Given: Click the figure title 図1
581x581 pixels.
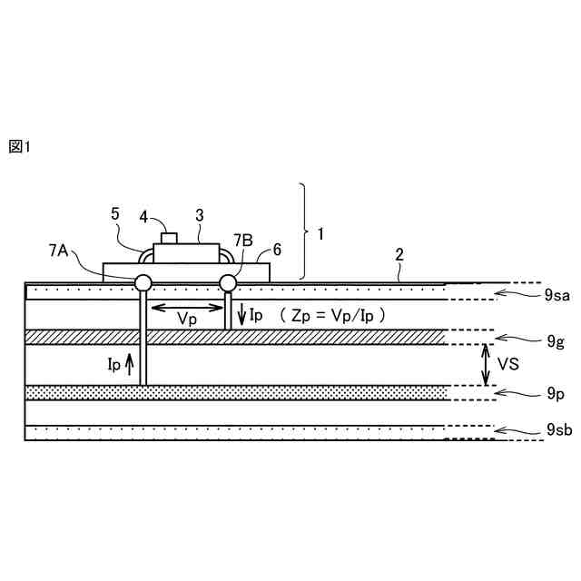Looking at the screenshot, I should [19, 147].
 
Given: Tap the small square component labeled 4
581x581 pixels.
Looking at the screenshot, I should [168, 238].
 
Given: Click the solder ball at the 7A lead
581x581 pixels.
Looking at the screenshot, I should [143, 283].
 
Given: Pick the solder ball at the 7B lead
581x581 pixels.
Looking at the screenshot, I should [229, 283].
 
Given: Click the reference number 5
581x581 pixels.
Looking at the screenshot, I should [115, 214].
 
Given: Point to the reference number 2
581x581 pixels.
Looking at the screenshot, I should [399, 255].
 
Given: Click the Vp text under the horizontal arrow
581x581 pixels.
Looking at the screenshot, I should [188, 320].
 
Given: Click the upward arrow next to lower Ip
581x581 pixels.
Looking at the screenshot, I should [129, 366].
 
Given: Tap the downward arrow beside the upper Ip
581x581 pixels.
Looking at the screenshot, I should [242, 315].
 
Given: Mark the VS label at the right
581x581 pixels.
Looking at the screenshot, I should [508, 365].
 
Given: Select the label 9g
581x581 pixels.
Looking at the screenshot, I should [556, 342].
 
